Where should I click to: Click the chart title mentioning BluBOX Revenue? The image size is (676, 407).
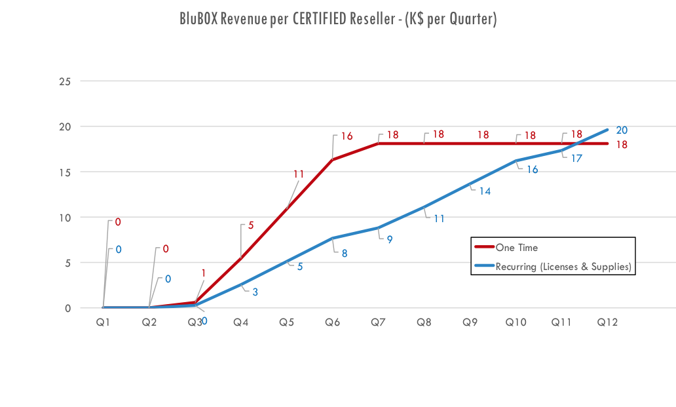click(x=338, y=20)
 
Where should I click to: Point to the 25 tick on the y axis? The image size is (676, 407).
click(x=66, y=81)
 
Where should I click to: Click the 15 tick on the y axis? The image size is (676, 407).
click(x=66, y=172)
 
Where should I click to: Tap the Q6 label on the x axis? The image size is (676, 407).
click(x=333, y=322)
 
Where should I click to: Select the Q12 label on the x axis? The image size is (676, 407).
click(x=607, y=322)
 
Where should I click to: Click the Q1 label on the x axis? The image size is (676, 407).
click(x=103, y=322)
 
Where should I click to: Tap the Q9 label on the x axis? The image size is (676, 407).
click(x=470, y=322)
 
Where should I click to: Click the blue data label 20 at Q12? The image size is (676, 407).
click(x=622, y=130)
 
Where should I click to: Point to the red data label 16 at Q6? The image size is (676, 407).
click(x=347, y=136)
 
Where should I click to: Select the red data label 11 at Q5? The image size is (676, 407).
click(x=299, y=174)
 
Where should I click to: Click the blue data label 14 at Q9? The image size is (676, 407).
click(x=485, y=191)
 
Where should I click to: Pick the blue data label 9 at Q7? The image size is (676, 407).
click(x=389, y=239)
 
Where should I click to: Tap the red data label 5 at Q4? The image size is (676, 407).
click(x=250, y=226)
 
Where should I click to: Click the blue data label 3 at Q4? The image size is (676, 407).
click(x=255, y=292)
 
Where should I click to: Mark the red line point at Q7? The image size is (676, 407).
click(x=379, y=143)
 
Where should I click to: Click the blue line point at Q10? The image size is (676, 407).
click(x=516, y=161)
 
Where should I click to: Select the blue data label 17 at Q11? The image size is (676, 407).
click(x=576, y=158)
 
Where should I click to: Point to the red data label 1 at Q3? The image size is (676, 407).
click(x=204, y=273)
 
